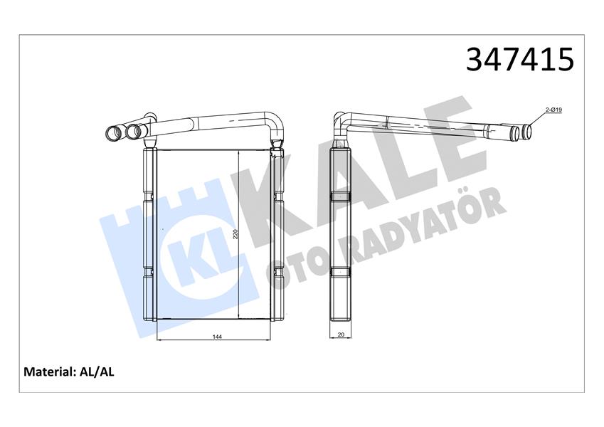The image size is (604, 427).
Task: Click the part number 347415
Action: [519, 60]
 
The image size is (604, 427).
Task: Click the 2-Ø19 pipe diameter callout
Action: [555, 110]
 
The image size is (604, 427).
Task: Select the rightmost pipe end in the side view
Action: [525, 131]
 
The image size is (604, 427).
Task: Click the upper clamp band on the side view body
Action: [341, 196]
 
